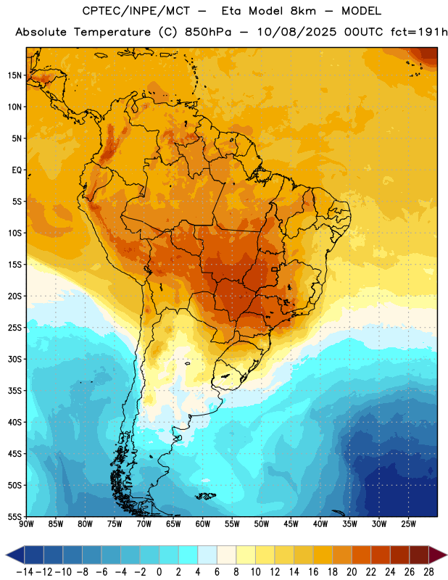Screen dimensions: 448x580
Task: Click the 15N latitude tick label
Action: (x=14, y=75)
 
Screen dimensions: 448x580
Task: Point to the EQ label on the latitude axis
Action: (x=17, y=170)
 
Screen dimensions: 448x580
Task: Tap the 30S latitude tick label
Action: (x=14, y=359)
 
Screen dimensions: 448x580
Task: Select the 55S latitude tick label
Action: (x=14, y=516)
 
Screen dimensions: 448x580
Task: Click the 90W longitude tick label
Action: (x=26, y=524)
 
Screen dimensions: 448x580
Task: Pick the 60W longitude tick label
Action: (x=203, y=524)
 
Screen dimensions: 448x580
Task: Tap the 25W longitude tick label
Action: (x=408, y=524)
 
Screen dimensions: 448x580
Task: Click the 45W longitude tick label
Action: (x=291, y=524)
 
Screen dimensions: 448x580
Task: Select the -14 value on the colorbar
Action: (x=25, y=572)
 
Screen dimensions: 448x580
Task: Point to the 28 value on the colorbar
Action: (x=428, y=572)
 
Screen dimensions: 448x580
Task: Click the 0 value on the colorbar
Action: (x=159, y=572)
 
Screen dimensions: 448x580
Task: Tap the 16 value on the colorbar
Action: (x=313, y=572)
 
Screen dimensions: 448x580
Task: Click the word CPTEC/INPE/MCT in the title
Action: (x=136, y=11)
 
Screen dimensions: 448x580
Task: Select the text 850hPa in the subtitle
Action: (x=208, y=32)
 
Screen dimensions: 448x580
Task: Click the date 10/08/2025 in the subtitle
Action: (x=296, y=32)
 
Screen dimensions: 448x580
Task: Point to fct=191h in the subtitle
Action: (x=419, y=32)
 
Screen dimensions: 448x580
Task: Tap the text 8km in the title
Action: (x=303, y=11)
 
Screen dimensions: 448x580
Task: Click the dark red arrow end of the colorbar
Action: (x=438, y=555)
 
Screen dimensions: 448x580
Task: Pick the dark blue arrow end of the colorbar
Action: (x=15, y=555)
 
